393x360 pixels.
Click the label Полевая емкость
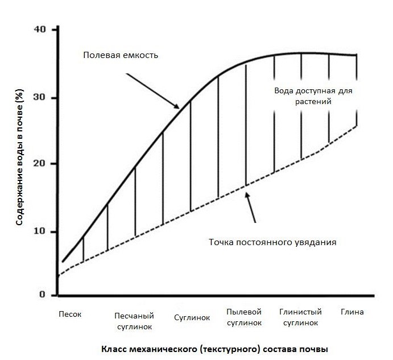121,56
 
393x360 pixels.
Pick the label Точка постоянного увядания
272,242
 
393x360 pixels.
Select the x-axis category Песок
71,312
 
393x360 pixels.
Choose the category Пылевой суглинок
244,317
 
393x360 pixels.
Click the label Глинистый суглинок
300,317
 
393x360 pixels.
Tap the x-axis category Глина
352,312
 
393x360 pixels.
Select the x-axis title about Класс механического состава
215,348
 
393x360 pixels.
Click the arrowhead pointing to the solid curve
178,108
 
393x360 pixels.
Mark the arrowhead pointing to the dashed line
246,194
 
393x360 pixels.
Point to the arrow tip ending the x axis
374,295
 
